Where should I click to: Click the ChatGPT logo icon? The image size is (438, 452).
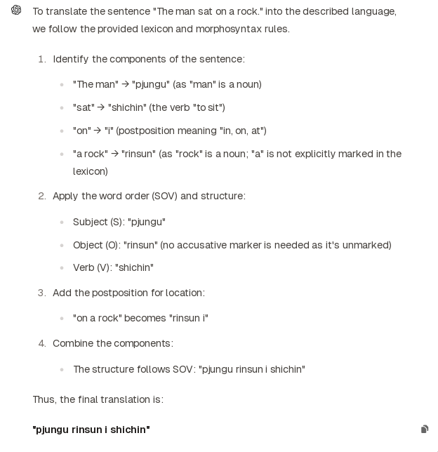[x=16, y=10]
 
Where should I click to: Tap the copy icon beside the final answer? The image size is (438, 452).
[x=425, y=429]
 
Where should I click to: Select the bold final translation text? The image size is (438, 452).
[x=91, y=429]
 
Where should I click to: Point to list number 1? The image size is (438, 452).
[x=41, y=59]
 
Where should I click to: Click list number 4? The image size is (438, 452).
[x=41, y=343]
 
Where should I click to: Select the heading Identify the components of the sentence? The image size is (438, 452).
[x=149, y=59]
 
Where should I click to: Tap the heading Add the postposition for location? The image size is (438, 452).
[x=128, y=293]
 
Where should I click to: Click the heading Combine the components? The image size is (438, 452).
[x=112, y=343]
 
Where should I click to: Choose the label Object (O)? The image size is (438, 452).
[x=96, y=245]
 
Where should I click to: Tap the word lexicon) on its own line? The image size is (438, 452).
[x=90, y=171]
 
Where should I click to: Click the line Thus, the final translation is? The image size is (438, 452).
[x=98, y=399]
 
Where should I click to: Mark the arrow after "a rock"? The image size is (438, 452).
[x=114, y=154]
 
